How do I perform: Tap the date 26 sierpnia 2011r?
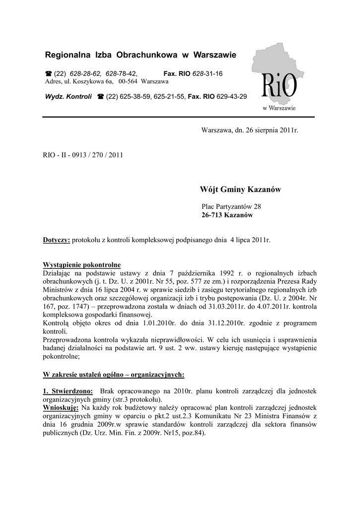266,130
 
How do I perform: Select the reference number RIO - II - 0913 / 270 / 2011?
83,155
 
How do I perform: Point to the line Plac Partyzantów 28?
231,206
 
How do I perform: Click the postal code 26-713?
212,216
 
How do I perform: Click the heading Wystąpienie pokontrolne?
82,264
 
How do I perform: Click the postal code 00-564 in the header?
128,81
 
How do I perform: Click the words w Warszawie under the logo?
279,107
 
